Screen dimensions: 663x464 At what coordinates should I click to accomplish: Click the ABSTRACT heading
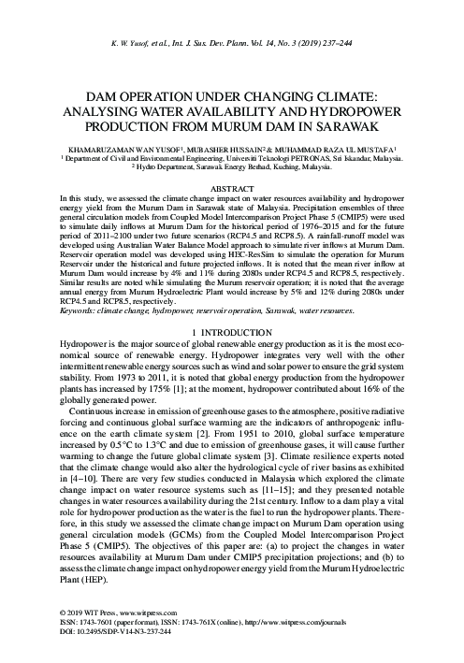231,189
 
